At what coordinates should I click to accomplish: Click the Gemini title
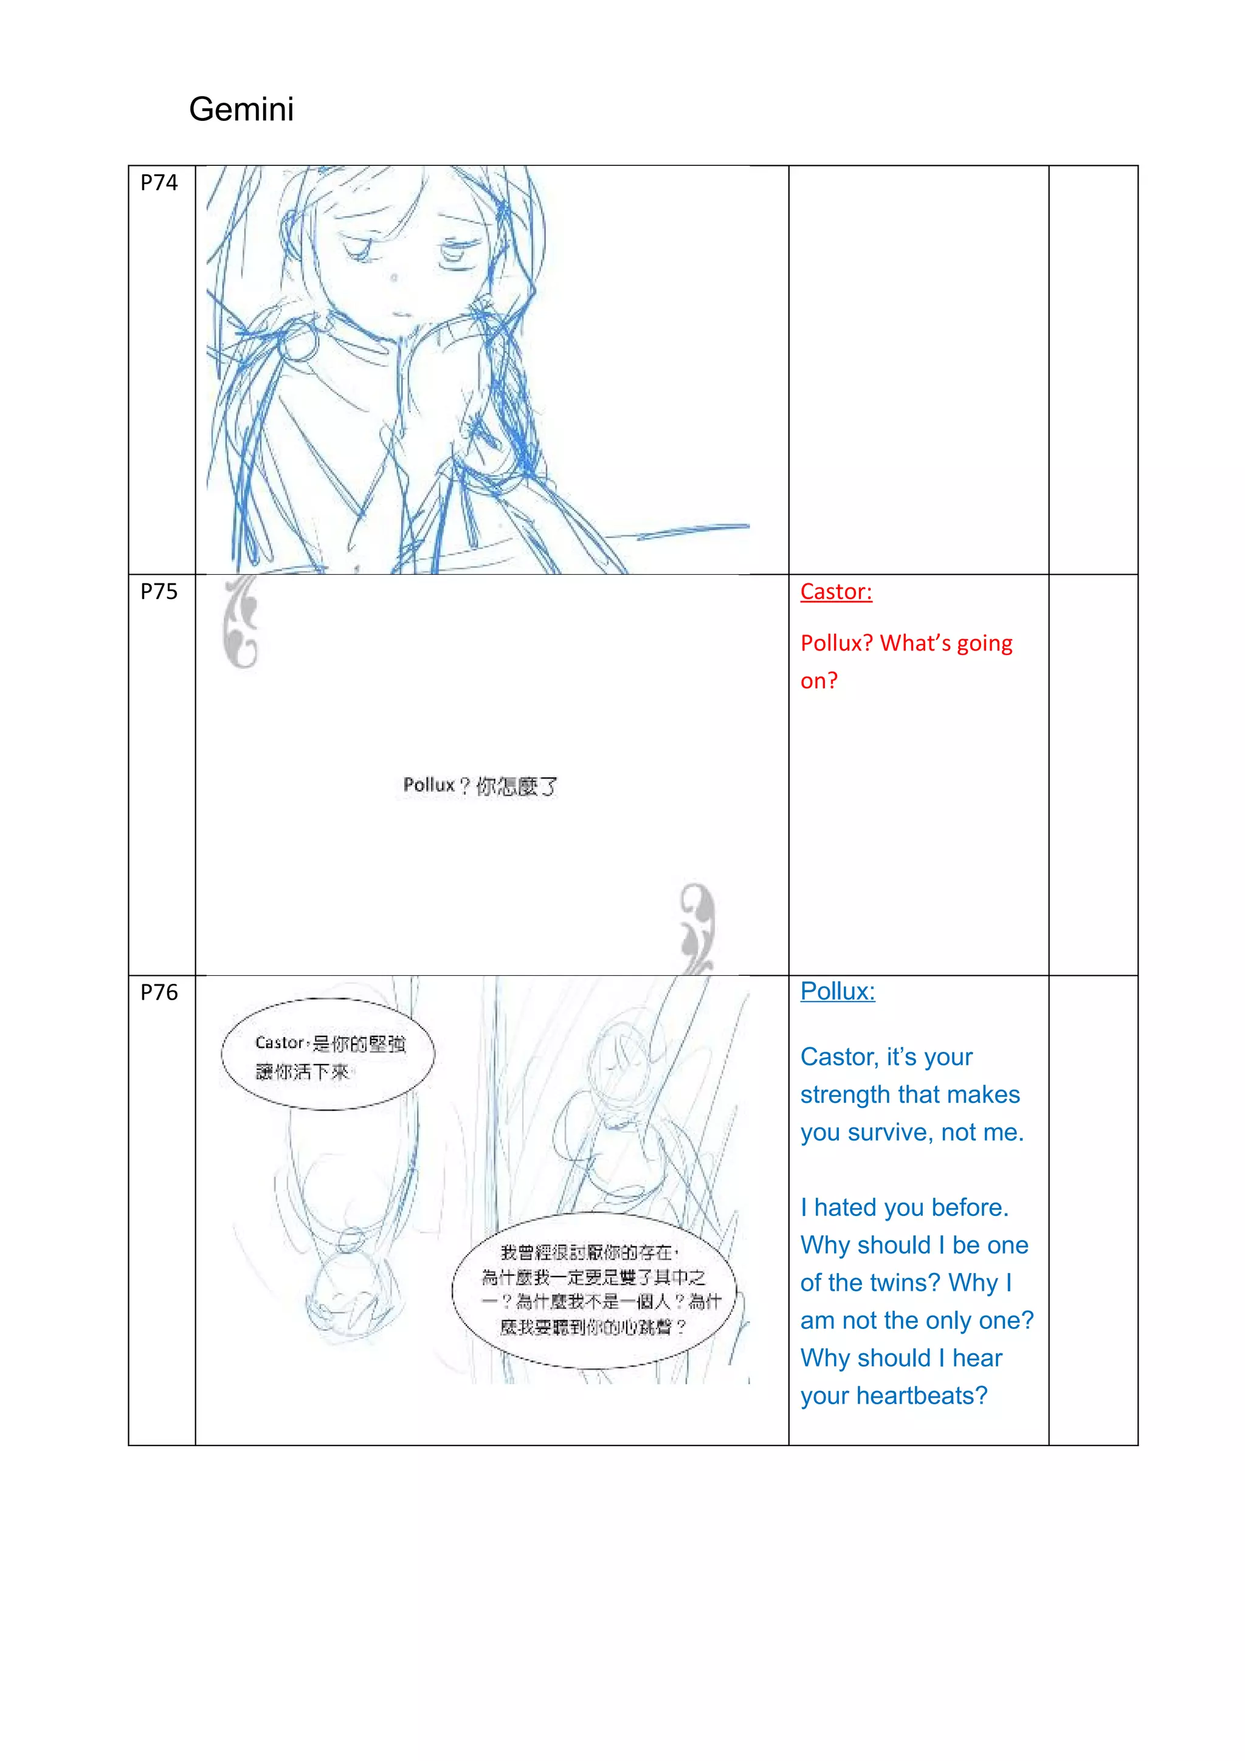click(x=241, y=109)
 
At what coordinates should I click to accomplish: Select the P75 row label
click(x=159, y=591)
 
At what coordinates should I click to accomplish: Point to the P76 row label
click(x=159, y=992)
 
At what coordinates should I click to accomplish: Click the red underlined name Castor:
click(x=835, y=591)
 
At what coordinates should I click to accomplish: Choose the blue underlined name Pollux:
click(x=837, y=991)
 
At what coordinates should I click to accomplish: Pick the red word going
click(x=984, y=643)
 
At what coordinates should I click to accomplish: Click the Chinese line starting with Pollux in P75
click(x=480, y=785)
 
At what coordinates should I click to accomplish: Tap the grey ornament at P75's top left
click(x=241, y=622)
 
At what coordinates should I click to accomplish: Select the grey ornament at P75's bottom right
click(x=697, y=927)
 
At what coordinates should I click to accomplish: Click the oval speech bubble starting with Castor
click(x=328, y=1055)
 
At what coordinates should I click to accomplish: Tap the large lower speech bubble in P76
click(x=594, y=1290)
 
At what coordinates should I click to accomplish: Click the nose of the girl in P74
click(x=393, y=277)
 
